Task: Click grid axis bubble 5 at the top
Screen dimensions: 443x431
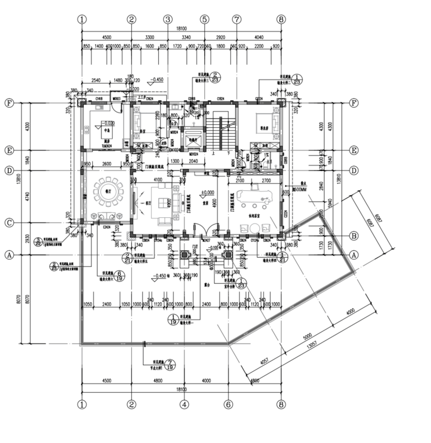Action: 204,19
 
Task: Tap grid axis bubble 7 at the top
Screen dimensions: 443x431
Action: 237,19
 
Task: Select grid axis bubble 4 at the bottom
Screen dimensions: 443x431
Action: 183,404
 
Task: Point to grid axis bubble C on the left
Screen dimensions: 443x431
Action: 9,222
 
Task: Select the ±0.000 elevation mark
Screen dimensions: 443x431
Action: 207,193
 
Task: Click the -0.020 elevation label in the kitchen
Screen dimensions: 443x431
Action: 107,124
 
